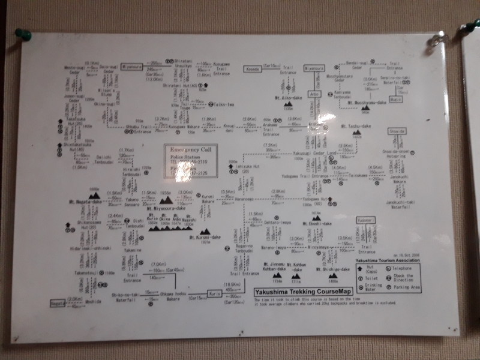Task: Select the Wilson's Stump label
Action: pyautogui.click(x=106, y=92)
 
